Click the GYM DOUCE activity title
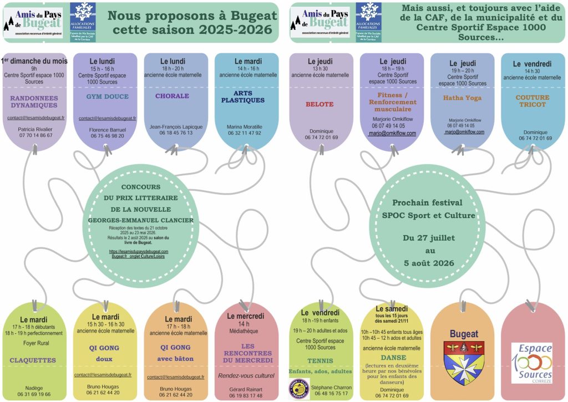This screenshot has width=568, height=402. [x=108, y=96]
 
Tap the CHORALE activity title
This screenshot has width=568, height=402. [x=172, y=96]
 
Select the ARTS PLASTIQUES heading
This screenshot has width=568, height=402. [x=243, y=96]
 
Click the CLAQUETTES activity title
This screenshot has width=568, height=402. [x=33, y=360]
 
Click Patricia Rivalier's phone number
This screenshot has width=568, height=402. [x=35, y=135]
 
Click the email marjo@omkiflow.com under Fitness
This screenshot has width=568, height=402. [x=392, y=133]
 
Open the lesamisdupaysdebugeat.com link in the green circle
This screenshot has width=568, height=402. [x=139, y=251]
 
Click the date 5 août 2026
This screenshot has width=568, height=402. [x=425, y=263]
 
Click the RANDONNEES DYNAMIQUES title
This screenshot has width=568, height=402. [x=35, y=100]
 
